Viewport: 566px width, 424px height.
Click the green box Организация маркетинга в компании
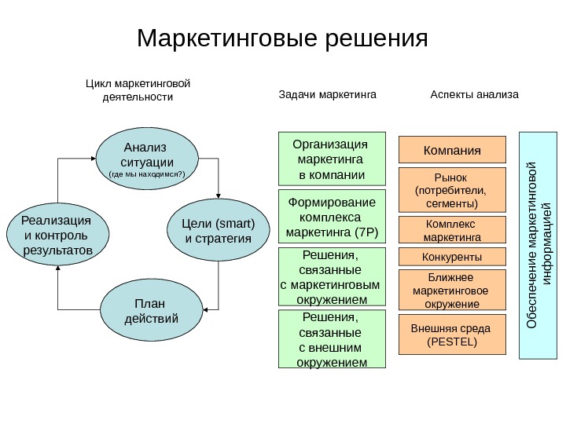(x=333, y=159)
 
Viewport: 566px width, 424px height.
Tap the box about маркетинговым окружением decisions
(x=333, y=277)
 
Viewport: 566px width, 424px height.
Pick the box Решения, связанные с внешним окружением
(x=333, y=339)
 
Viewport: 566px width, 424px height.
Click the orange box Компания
(x=452, y=149)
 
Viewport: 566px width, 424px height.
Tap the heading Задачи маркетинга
(x=329, y=95)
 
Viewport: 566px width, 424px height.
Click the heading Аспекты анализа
(x=475, y=95)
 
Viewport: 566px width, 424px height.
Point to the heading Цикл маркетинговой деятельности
(x=138, y=90)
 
